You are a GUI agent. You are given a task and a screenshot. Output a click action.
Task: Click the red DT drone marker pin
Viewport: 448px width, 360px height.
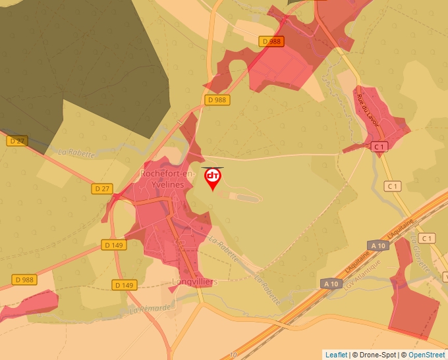213,177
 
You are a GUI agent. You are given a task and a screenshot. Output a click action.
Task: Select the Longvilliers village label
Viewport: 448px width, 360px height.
194,282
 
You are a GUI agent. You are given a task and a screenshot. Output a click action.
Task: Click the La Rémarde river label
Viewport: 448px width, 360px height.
150,308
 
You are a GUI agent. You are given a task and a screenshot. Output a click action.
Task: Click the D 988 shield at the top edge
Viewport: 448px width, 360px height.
271,41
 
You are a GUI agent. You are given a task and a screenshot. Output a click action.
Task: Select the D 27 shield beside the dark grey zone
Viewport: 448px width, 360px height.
17,141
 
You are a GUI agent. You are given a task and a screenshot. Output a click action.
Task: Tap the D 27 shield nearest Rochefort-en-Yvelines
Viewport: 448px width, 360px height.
101,188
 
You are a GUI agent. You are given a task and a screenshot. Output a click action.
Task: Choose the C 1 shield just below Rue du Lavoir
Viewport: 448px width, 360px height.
378,147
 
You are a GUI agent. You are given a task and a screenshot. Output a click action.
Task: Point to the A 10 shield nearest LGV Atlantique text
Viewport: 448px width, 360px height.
332,284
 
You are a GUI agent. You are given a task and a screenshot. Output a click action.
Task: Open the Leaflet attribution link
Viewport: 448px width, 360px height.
336,355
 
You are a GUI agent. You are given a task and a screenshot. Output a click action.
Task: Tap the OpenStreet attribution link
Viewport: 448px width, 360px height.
426,355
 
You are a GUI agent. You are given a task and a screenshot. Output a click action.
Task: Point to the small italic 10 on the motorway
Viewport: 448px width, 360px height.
233,355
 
